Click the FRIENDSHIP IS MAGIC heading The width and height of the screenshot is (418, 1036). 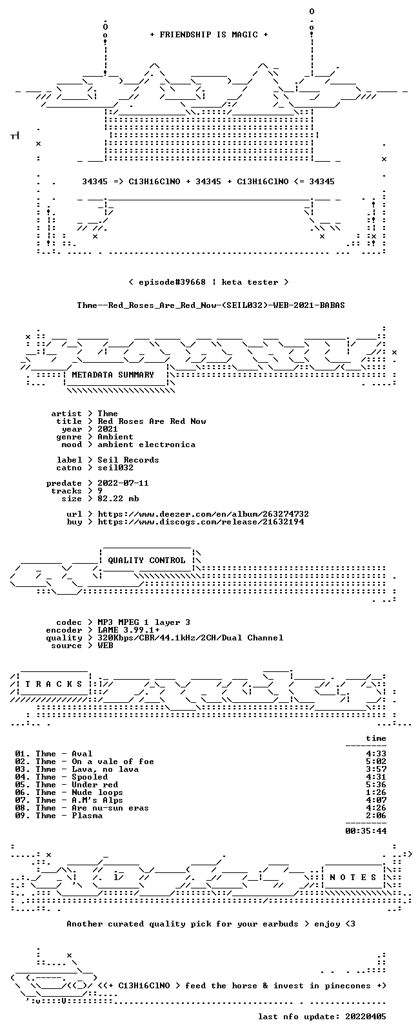pos(209,35)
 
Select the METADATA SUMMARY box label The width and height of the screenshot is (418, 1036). pos(113,374)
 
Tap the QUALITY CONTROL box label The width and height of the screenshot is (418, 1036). pos(146,560)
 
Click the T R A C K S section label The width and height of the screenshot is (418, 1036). pos(54,684)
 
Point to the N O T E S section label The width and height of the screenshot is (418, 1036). pos(353,877)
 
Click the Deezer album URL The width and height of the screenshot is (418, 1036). pos(203,514)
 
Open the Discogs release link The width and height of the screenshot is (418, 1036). pos(201,522)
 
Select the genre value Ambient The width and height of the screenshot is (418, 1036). pos(115,437)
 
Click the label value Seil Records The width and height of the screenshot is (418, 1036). pos(128,460)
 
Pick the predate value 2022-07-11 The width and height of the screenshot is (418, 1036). pos(123,483)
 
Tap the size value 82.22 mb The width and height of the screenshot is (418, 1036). pos(118,499)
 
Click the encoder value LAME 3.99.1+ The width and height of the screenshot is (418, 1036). pos(128,630)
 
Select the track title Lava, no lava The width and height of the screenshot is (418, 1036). pos(105,769)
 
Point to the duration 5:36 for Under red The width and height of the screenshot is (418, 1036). pos(376,784)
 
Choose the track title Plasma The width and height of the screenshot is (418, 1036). pos(87,816)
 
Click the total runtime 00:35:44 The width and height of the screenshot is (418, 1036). pos(366,830)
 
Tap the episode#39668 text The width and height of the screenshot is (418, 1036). pos(172,282)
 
